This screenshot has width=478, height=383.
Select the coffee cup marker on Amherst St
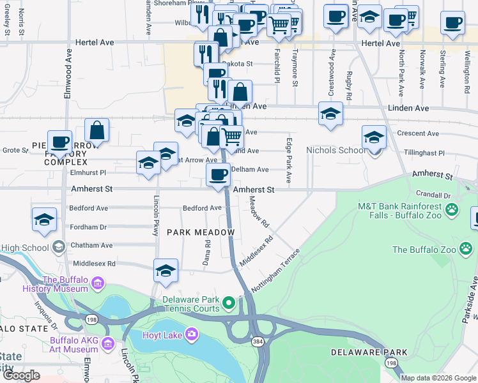(218, 176)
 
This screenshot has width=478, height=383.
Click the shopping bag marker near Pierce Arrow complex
(96, 131)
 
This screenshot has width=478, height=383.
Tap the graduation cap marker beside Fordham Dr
(44, 220)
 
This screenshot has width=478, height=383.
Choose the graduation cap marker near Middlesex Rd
(166, 271)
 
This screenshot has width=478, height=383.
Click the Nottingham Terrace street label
(275, 271)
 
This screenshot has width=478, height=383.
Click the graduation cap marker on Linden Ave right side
(330, 114)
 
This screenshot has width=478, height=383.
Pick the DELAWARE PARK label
(369, 352)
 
